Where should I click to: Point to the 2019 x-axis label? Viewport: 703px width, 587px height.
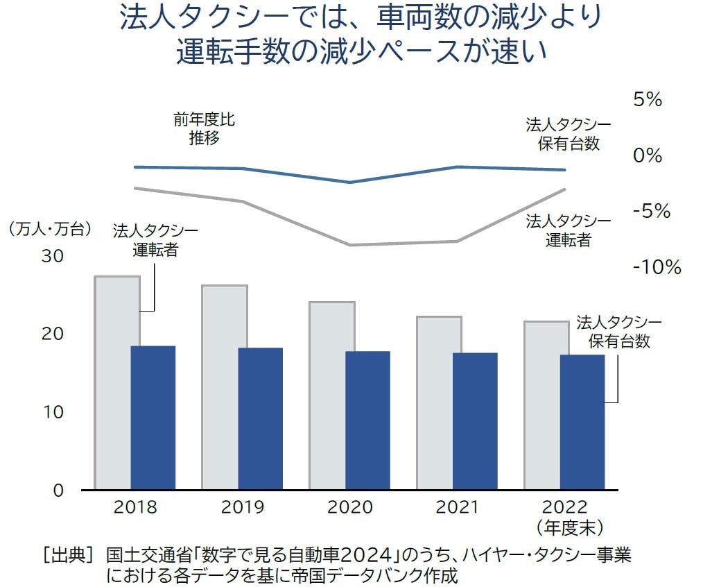click(243, 507)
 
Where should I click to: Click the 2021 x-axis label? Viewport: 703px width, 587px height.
click(457, 507)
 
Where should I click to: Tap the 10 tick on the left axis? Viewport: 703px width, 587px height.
click(53, 412)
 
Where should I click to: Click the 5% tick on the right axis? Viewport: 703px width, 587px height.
click(648, 100)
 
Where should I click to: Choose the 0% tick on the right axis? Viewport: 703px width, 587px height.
click(648, 155)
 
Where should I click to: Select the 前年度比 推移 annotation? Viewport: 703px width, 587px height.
click(204, 128)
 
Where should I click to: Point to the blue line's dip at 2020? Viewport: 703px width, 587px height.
click(349, 182)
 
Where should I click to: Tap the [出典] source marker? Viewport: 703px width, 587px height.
click(67, 555)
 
